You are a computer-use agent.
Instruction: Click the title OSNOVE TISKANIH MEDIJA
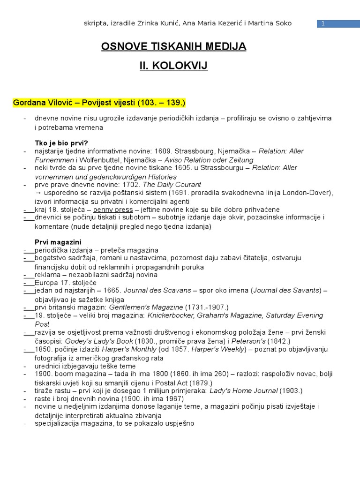173,46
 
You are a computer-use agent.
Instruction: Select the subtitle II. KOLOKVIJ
173,66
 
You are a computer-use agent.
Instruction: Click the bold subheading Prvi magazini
58,242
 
